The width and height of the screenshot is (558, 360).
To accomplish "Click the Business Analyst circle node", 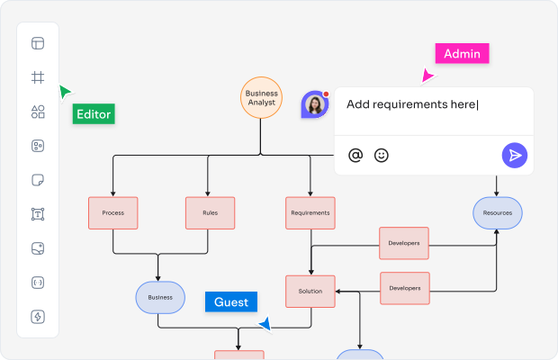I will click(x=262, y=97).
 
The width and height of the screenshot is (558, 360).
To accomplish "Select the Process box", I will click(x=112, y=213).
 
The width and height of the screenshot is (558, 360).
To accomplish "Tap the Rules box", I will click(x=209, y=213).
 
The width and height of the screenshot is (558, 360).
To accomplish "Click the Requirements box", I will click(x=310, y=213).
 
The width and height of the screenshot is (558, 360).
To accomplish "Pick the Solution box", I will click(x=310, y=291).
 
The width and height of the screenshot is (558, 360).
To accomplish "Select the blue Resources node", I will click(x=498, y=213).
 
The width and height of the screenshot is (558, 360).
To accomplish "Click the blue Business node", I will click(x=160, y=297).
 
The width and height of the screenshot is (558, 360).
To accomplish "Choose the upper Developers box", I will click(x=404, y=243).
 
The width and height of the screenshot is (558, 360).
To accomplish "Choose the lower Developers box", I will click(x=404, y=288).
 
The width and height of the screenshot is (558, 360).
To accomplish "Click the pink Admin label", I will click(x=462, y=54).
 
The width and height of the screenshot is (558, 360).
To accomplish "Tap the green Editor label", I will click(x=94, y=114).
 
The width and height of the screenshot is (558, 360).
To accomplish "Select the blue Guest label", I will click(x=230, y=302).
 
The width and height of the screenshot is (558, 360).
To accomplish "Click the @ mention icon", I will click(x=355, y=156).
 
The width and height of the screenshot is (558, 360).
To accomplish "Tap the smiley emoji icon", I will click(x=382, y=156).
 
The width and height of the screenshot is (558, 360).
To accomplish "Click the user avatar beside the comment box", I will click(x=315, y=105).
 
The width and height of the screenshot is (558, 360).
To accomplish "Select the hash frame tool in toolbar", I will click(x=38, y=77).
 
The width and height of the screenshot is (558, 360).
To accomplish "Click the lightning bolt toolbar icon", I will click(x=38, y=317).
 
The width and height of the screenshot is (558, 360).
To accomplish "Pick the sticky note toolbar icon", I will click(x=38, y=180).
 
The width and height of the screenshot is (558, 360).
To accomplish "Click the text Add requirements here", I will click(x=411, y=104).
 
